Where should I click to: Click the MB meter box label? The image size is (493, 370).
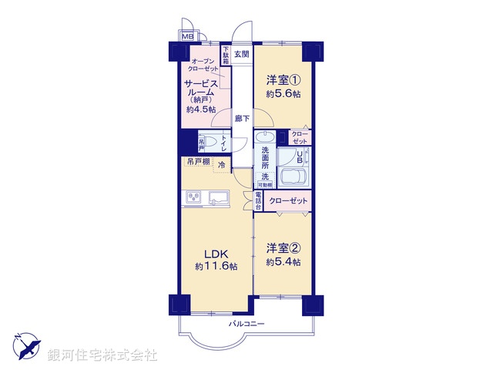point(187,35)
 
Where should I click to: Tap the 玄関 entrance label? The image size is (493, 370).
point(241,55)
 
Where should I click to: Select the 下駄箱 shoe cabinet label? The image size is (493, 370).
point(226,55)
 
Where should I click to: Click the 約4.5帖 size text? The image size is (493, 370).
point(200,110)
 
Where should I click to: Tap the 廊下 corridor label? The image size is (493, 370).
point(242,118)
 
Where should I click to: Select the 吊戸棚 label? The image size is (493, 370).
point(198,162)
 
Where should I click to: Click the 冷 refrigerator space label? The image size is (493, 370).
point(222,165)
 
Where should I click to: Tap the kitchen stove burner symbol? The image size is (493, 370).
point(192,199)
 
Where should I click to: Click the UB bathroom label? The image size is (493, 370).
point(300,156)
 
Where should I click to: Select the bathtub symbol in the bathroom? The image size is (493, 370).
point(292,178)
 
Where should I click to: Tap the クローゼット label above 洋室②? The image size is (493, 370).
point(288,201)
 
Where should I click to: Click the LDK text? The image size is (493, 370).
point(216,254)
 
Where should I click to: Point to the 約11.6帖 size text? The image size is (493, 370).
point(216,266)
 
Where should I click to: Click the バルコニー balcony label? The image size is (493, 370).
point(246,324)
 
